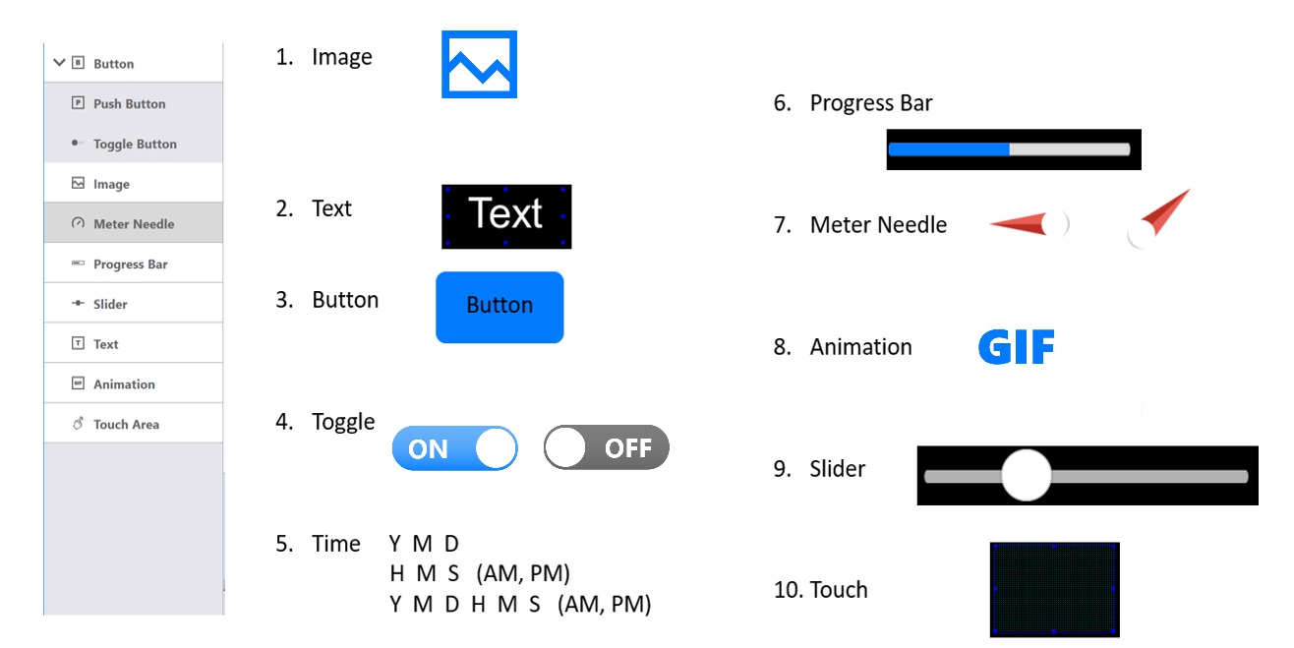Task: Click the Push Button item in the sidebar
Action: [x=130, y=103]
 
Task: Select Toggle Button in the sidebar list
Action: [x=135, y=144]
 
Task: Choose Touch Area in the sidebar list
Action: [x=126, y=425]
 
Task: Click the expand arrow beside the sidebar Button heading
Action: [x=59, y=62]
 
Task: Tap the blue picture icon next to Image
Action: [x=479, y=64]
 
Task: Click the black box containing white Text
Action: [x=506, y=216]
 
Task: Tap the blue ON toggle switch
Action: [x=454, y=448]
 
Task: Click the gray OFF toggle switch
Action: [x=606, y=447]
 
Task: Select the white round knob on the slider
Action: [x=1026, y=475]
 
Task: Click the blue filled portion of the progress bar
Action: [x=949, y=149]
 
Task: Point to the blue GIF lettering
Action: [x=1016, y=346]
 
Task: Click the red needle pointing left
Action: [x=1018, y=224]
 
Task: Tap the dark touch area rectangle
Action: [x=1054, y=590]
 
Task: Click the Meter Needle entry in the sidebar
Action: [x=134, y=223]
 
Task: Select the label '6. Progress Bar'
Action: [x=853, y=103]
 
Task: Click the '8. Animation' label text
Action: [x=843, y=347]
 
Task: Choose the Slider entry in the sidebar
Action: [x=110, y=304]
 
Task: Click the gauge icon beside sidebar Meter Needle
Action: [x=78, y=223]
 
